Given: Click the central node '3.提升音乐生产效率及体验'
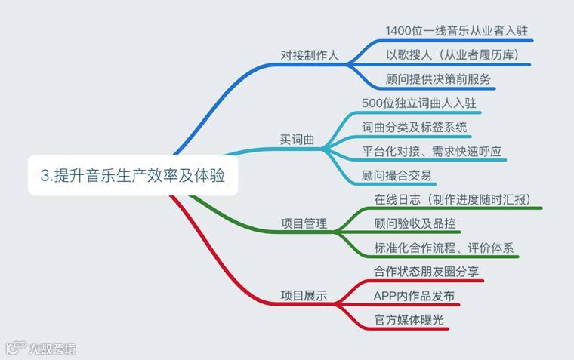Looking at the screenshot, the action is (133, 176).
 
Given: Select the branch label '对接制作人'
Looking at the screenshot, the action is (310, 55).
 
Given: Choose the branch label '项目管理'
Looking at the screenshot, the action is (304, 223).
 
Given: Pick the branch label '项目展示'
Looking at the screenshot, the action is (304, 296).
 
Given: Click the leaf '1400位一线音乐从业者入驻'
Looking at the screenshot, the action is (455, 31).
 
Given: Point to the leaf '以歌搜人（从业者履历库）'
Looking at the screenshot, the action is (452, 55).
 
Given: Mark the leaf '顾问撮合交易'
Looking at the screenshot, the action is (397, 176).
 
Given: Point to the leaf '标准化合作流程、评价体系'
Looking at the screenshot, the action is (445, 248).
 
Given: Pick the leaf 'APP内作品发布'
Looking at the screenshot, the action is (414, 295).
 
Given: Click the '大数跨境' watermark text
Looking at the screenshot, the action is (52, 349).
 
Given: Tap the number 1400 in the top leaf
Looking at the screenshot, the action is (398, 31).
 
